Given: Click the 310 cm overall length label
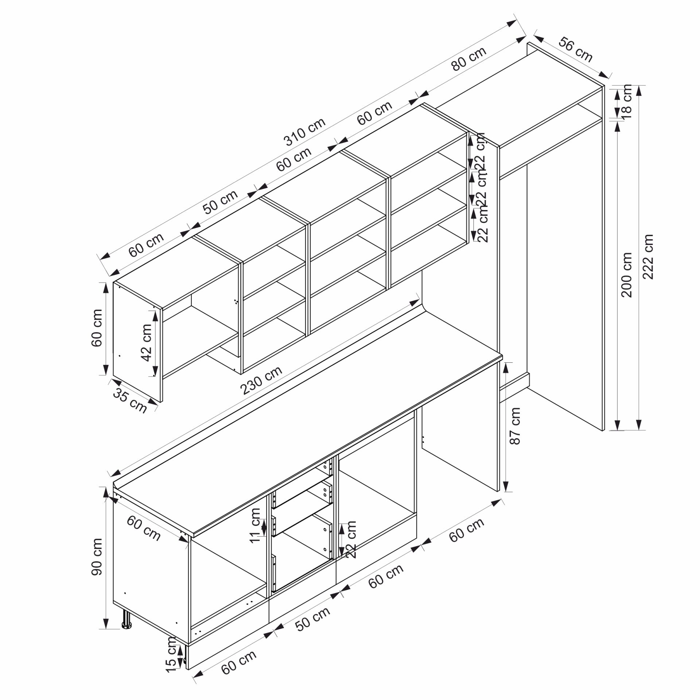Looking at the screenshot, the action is [x=305, y=132].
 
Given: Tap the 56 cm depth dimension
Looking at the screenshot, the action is [x=576, y=49].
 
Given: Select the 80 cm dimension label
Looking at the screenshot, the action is [x=468, y=59].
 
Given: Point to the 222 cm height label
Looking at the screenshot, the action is [x=648, y=257].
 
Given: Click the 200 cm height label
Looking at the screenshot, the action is [x=627, y=275].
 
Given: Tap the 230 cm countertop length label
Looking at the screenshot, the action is [x=261, y=380].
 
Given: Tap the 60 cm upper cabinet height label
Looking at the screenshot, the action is [x=97, y=328].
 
